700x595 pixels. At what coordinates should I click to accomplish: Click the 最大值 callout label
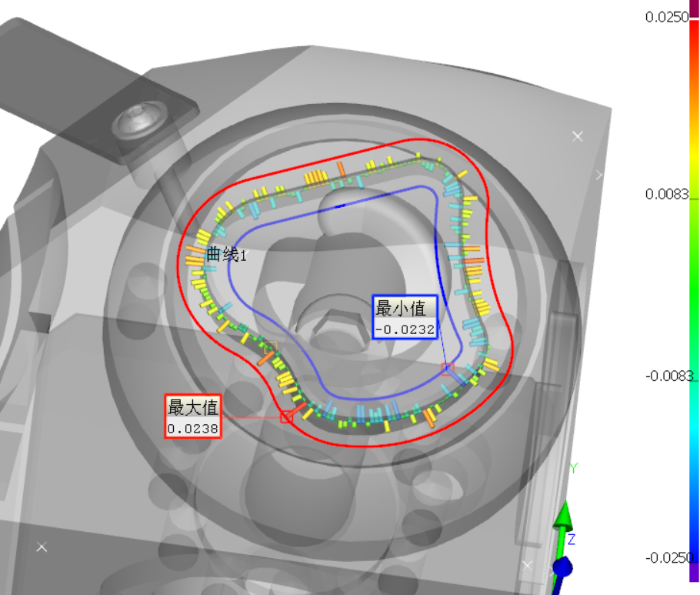click(x=193, y=407)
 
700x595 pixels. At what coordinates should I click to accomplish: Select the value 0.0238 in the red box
click(x=193, y=429)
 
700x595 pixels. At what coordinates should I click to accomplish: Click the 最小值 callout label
click(x=401, y=308)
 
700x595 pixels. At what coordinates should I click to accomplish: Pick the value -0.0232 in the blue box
click(x=405, y=329)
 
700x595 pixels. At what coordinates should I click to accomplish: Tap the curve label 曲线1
click(x=226, y=255)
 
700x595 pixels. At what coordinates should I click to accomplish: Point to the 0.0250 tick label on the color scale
click(x=667, y=17)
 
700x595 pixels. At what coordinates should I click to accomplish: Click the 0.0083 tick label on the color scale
click(x=667, y=194)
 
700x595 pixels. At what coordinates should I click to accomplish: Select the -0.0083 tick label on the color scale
click(x=668, y=376)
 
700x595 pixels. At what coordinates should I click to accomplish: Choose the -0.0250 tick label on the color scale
click(x=668, y=557)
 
